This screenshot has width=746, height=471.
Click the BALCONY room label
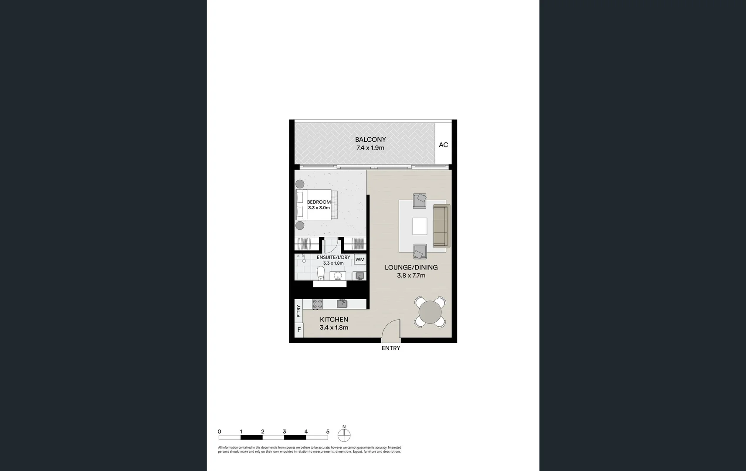click(x=370, y=140)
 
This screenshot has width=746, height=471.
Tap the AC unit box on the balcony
click(x=443, y=145)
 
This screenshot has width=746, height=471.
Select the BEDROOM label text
click(x=319, y=202)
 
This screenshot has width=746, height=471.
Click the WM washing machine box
click(x=360, y=259)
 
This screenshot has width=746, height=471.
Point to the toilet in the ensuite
click(x=321, y=274)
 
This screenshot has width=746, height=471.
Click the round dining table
click(x=430, y=312)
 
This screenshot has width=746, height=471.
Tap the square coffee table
click(x=420, y=226)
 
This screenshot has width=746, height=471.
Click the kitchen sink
click(x=342, y=304)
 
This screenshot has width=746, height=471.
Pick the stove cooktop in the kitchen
click(x=317, y=304)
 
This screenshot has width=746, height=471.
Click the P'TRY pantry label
click(x=298, y=311)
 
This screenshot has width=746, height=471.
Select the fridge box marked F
click(x=299, y=330)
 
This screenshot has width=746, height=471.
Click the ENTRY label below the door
click(x=391, y=348)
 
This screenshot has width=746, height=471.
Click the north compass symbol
click(x=344, y=434)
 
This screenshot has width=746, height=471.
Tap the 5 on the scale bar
click(x=328, y=432)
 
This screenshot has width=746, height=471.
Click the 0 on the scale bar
click(x=219, y=432)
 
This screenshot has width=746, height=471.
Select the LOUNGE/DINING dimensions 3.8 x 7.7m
click(x=411, y=276)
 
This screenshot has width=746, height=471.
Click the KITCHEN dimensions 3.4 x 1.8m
click(x=334, y=328)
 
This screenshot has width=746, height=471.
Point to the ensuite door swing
click(x=330, y=246)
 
